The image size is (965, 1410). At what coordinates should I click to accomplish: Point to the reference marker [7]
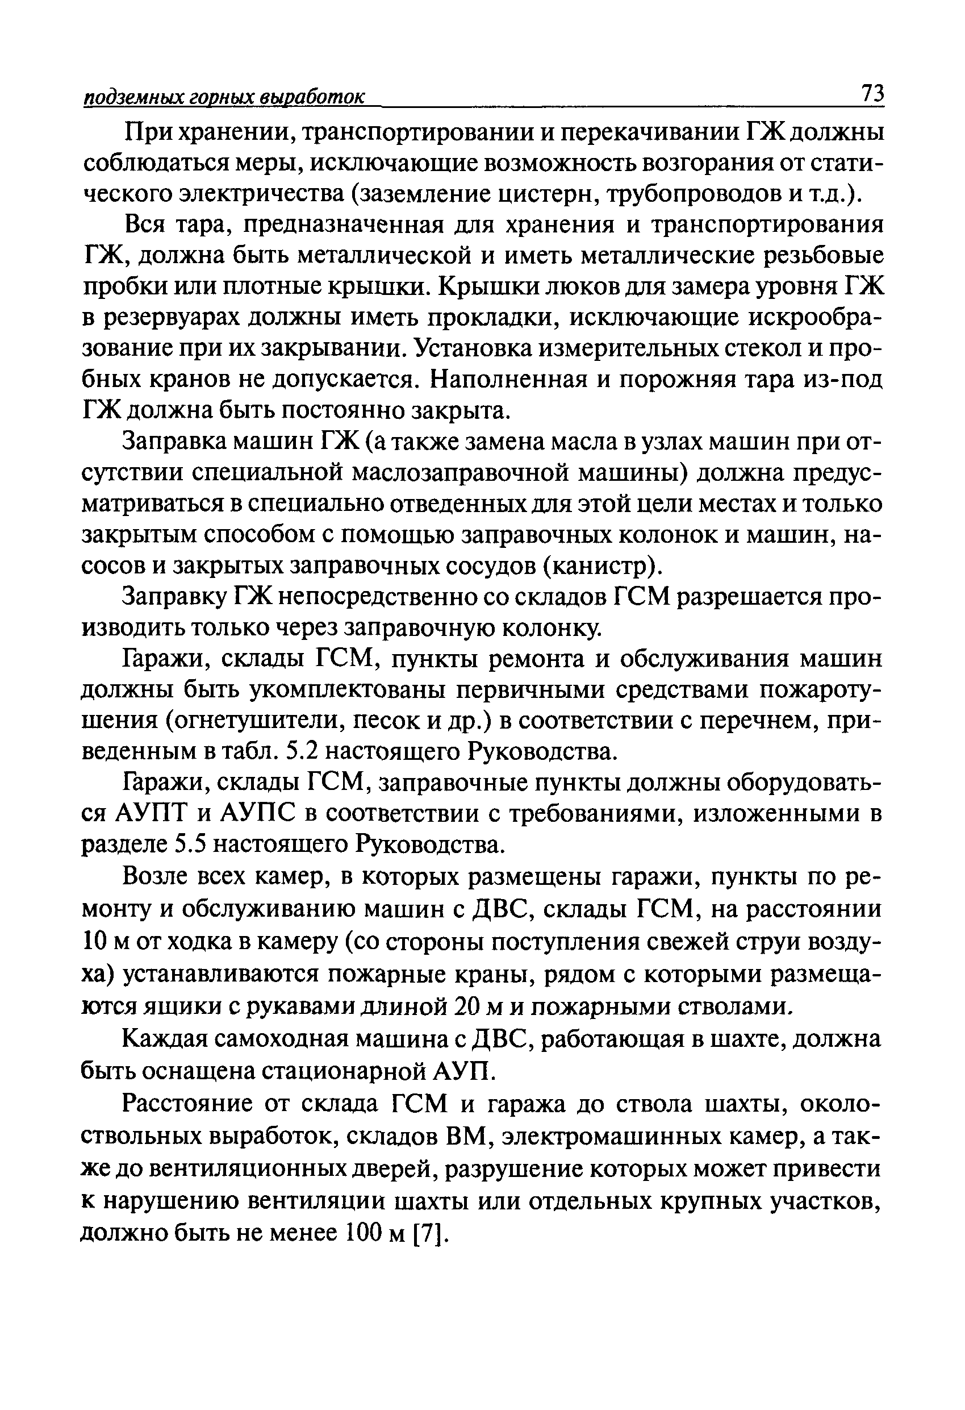pos(429,1233)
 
